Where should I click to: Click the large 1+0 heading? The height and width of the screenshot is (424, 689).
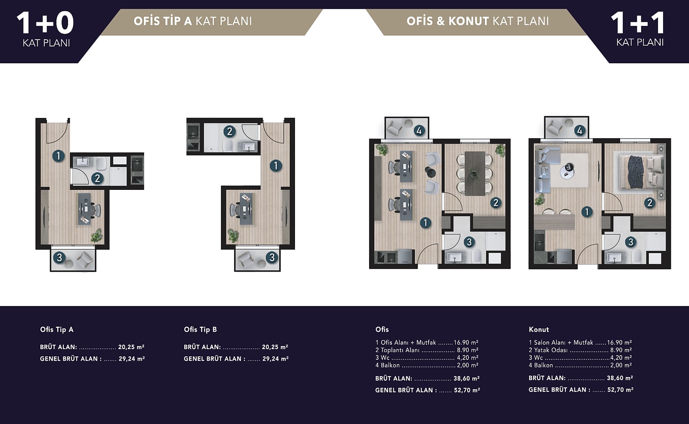click(x=45, y=23)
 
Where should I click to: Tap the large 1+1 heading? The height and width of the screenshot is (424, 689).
click(x=638, y=23)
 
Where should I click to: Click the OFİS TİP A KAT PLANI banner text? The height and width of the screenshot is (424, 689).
click(x=193, y=21)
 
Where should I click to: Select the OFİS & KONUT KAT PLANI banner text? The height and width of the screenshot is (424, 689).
click(x=478, y=21)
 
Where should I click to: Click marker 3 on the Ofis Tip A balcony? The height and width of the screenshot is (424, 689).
click(x=59, y=257)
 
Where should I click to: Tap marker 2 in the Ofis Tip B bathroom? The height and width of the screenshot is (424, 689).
click(x=230, y=132)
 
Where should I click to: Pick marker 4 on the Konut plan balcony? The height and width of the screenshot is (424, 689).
click(x=580, y=131)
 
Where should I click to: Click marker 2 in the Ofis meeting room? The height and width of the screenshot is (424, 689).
click(x=496, y=203)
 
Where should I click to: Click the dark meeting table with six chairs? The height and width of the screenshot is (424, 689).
click(x=475, y=173)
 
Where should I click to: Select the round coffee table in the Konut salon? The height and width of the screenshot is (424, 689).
click(x=567, y=171)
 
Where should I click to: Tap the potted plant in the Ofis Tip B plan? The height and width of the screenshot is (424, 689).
click(x=233, y=235)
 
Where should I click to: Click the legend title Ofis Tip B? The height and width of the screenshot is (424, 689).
click(x=200, y=330)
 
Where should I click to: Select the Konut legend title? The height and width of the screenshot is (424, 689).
click(x=539, y=330)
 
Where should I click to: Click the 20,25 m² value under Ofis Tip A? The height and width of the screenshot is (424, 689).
click(x=131, y=347)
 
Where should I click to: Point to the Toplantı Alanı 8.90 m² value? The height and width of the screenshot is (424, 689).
click(x=468, y=350)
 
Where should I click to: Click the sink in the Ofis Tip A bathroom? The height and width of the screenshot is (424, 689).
click(x=82, y=161)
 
